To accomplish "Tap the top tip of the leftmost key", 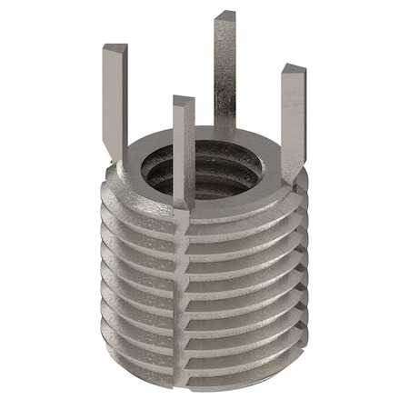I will [112, 48].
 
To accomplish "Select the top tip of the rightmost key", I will [293, 70].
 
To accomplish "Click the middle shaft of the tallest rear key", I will [224, 73].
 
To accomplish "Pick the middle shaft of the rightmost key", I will [291, 118].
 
